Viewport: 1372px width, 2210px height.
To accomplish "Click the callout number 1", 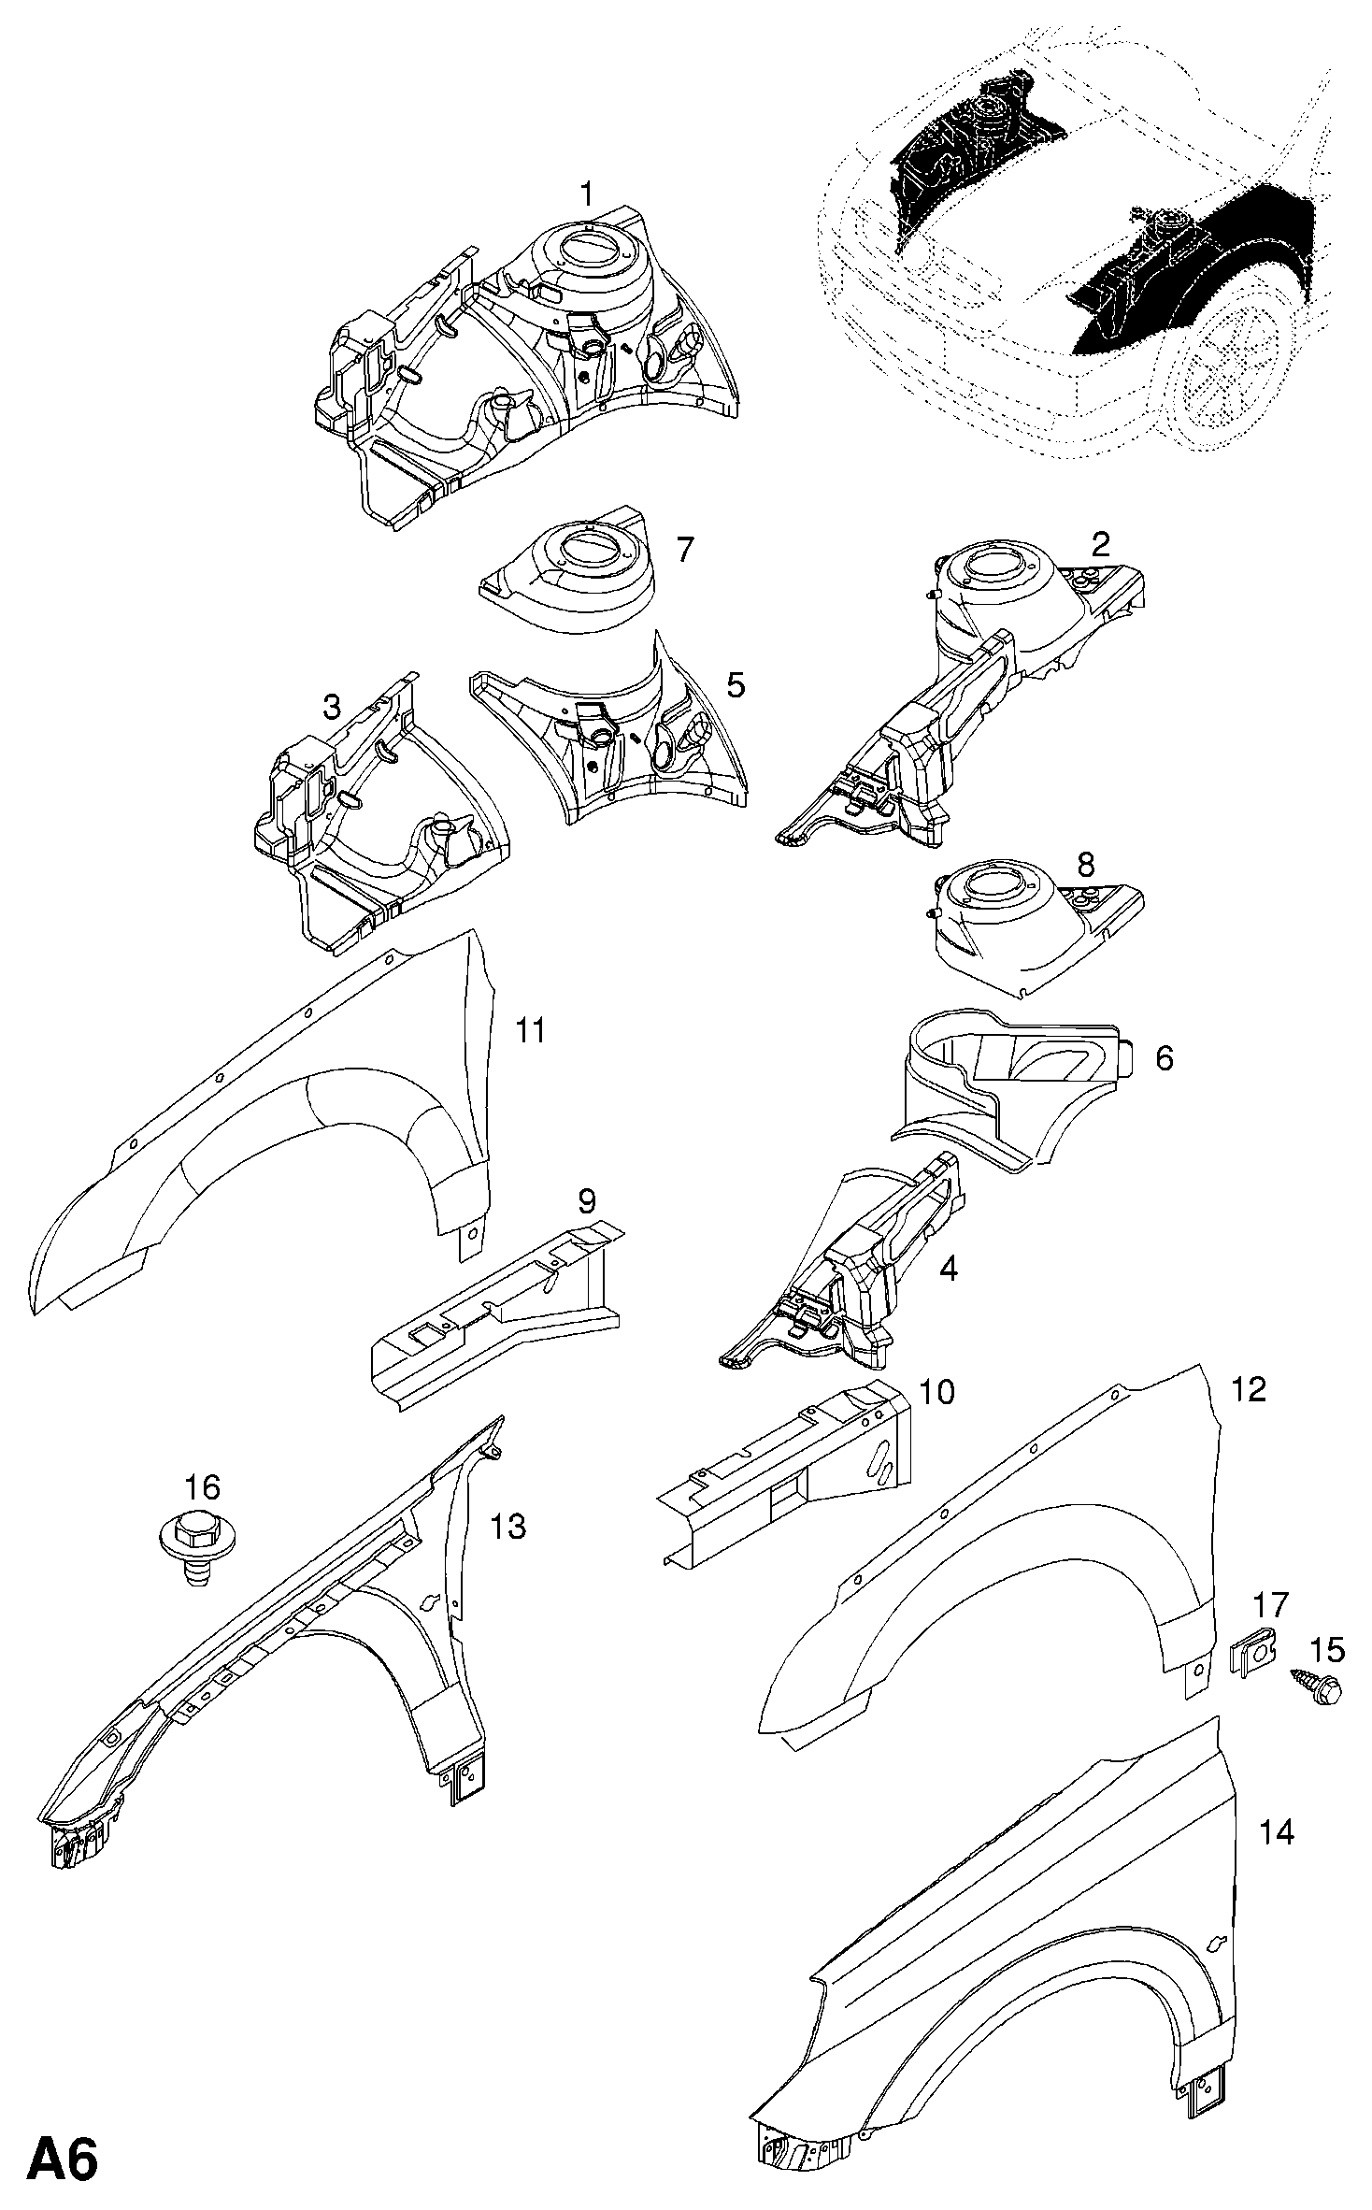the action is click(x=586, y=194).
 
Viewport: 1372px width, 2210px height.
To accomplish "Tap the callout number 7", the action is click(x=685, y=550).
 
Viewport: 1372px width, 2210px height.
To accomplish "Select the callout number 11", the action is click(x=531, y=1031).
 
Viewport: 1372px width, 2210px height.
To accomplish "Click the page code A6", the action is click(x=64, y=2155).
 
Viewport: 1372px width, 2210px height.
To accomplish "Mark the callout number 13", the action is click(x=509, y=1527).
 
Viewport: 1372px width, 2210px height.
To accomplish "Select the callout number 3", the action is click(x=332, y=708).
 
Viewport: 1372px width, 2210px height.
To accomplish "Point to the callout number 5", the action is click(x=736, y=685).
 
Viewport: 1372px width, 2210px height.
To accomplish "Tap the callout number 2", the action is click(x=1101, y=543).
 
